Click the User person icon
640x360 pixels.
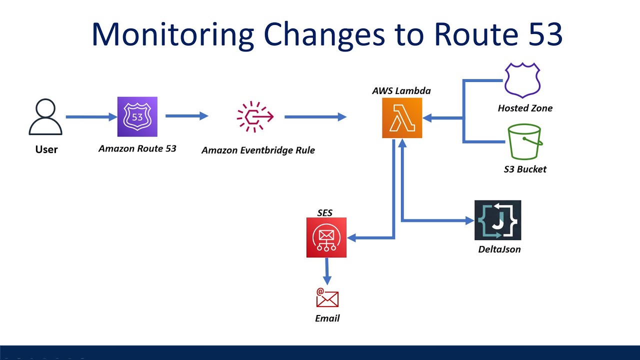(45, 117)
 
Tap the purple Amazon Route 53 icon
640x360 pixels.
(137, 116)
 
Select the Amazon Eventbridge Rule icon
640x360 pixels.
(255, 116)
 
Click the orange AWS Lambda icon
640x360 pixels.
(402, 117)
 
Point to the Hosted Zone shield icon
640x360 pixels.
(522, 79)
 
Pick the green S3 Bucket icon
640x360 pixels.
(524, 142)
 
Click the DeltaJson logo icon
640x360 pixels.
(497, 220)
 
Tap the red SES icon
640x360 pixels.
(326, 237)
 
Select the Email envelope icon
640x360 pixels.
(327, 298)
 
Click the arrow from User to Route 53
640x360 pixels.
(90, 117)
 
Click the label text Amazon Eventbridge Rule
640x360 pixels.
(258, 150)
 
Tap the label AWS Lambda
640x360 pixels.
(401, 90)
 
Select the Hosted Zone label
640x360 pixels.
(525, 108)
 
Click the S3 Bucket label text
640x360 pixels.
(525, 169)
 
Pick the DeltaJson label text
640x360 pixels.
(499, 249)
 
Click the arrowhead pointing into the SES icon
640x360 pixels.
(351, 238)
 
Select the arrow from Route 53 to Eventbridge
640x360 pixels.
(186, 116)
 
